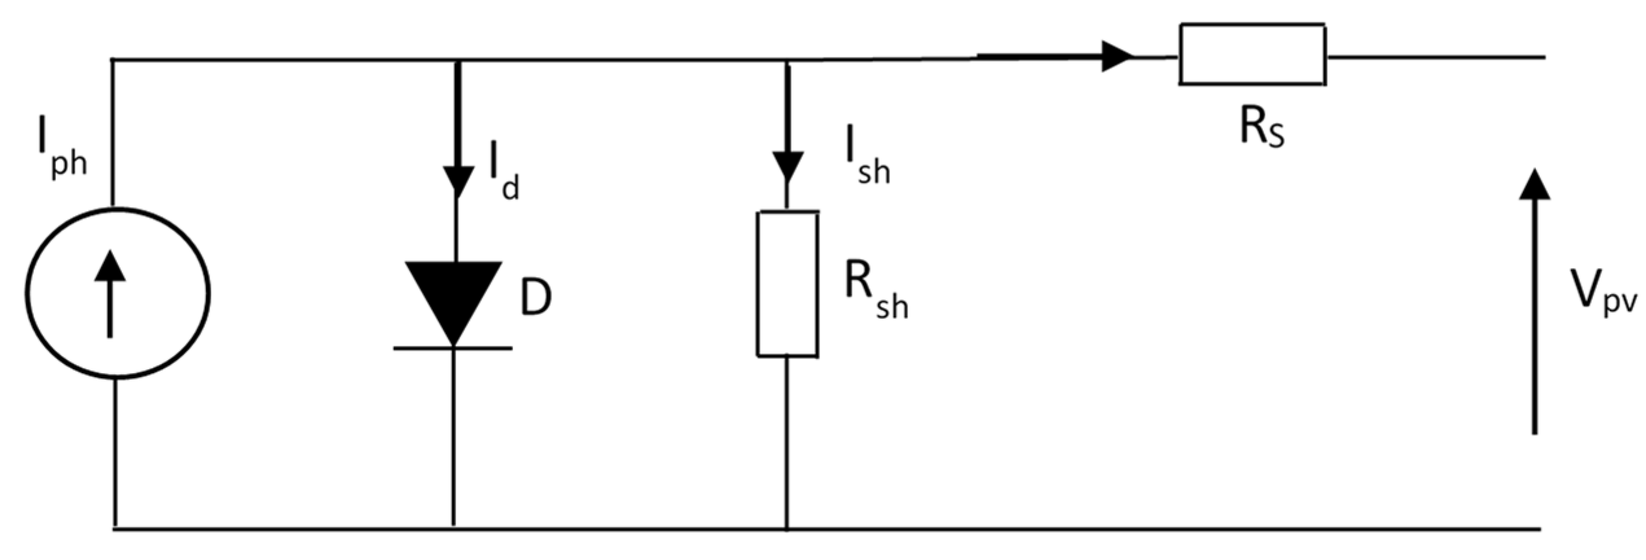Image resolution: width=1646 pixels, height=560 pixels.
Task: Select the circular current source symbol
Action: click(x=117, y=293)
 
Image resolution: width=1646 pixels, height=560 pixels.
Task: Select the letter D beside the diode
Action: click(x=536, y=298)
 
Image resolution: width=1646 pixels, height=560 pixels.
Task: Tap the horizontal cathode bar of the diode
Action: click(x=453, y=349)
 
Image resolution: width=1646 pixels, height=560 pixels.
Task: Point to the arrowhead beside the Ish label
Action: click(x=788, y=167)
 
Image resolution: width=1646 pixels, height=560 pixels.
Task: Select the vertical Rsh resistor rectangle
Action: click(x=787, y=284)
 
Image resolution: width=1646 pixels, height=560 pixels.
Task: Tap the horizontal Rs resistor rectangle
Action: click(x=1252, y=54)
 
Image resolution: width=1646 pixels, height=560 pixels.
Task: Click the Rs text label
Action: click(x=1261, y=128)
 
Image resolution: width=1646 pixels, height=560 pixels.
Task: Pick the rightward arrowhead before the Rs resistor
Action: click(x=1117, y=56)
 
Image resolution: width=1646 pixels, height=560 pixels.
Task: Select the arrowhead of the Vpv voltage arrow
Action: click(x=1534, y=184)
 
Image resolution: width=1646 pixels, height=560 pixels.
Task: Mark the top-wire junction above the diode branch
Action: click(x=459, y=60)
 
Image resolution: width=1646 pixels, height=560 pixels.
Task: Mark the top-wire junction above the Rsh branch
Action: click(x=787, y=60)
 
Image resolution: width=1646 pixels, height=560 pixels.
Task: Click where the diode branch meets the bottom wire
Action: click(x=453, y=528)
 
